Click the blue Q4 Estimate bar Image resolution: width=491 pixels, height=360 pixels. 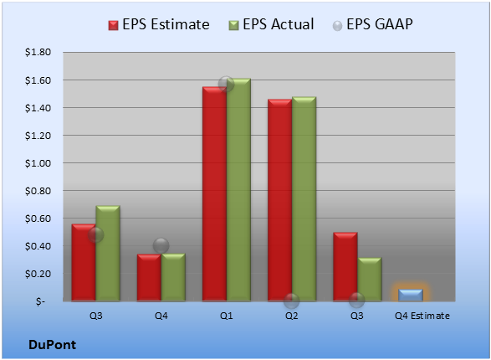411,296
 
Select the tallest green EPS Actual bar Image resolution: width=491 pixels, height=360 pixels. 238,190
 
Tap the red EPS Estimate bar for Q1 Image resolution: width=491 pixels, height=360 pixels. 214,194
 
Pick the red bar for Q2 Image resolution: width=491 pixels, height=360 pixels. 279,200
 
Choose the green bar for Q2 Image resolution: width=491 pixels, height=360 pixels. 304,199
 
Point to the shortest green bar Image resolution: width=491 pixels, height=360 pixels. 370,280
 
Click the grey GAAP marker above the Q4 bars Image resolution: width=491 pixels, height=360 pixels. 161,245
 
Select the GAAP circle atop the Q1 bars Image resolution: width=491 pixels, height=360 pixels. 226,84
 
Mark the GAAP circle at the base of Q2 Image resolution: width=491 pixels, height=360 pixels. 291,301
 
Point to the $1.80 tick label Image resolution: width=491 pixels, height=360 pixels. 38,52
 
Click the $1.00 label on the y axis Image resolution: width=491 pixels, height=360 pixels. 38,163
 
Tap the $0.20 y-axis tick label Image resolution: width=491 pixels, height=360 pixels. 38,274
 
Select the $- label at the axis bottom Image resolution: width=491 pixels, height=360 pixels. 41,301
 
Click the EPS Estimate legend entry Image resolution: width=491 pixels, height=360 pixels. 159,24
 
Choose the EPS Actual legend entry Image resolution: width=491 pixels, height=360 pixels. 271,24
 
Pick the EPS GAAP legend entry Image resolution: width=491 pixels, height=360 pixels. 372,24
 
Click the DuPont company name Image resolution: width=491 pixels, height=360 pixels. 53,345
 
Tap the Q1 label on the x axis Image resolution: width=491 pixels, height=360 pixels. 226,316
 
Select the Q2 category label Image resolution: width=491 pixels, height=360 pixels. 291,316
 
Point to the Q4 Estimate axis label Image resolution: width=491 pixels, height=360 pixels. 422,316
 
